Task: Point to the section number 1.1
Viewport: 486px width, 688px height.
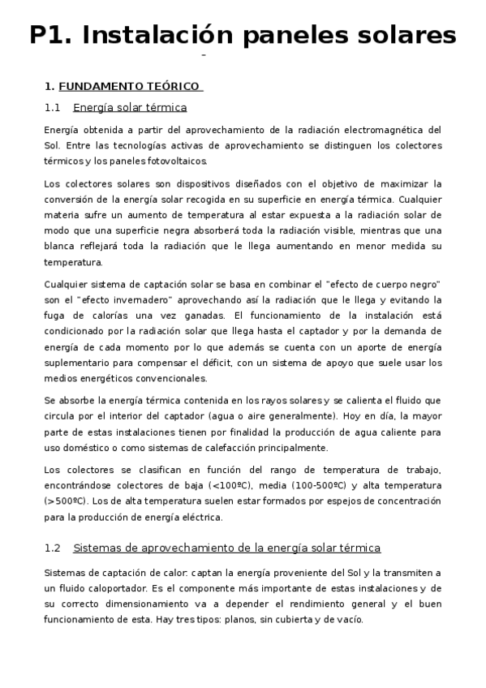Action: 53,107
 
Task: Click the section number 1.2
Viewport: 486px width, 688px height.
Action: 53,548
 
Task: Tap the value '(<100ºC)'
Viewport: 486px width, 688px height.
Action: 231,485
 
